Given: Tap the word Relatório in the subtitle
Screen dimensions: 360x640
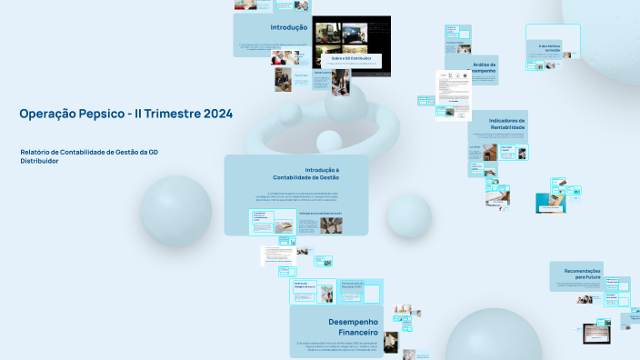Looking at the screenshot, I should (37, 152).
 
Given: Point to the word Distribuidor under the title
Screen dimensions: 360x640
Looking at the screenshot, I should (39, 161).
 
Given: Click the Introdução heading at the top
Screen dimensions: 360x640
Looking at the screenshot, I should (288, 27).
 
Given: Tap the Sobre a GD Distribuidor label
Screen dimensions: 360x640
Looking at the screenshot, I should (351, 59).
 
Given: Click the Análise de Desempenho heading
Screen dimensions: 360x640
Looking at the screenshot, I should (484, 67).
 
